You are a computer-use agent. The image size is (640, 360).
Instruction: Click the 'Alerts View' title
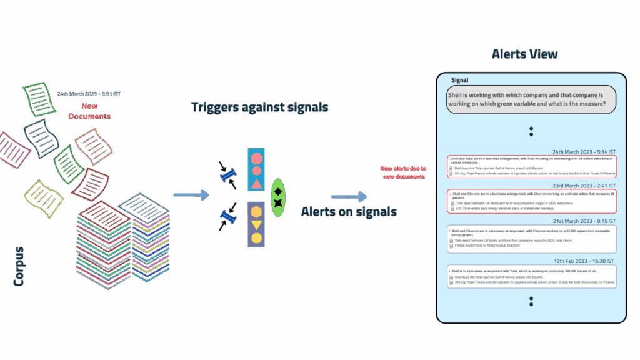524,54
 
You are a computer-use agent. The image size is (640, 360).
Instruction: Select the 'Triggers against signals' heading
259,107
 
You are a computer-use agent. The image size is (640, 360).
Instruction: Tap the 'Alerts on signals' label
349,212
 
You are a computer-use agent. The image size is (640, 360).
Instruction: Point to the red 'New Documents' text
89,111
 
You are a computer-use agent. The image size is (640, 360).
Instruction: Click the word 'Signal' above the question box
460,80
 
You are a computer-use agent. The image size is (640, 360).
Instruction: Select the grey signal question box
531,99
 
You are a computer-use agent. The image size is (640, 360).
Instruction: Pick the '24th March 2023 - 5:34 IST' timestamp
584,151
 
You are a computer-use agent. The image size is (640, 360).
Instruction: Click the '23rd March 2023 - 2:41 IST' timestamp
584,186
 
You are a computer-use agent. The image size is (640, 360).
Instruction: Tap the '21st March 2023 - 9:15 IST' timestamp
584,221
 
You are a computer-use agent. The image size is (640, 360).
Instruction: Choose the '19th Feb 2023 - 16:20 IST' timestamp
584,261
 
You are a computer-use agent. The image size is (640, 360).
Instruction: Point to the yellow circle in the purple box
256,238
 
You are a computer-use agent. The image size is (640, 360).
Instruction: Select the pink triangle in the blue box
256,183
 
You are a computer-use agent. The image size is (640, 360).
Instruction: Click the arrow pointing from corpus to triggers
191,196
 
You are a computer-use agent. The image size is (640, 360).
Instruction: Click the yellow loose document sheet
43,198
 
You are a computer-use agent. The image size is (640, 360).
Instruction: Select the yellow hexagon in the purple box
256,211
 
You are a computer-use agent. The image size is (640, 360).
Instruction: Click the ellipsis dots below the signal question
531,131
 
